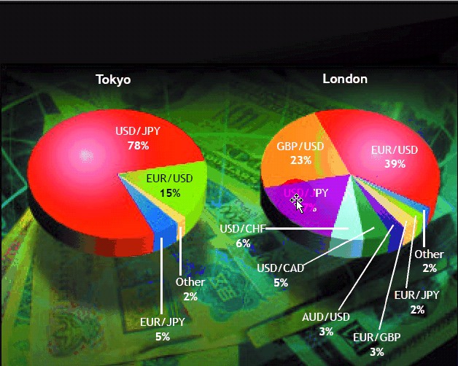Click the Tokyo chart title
[113, 79]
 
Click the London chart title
[345, 79]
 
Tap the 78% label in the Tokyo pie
[138, 146]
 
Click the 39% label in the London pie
[395, 164]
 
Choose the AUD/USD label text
[326, 316]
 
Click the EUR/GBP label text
[376, 338]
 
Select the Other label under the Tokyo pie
[190, 282]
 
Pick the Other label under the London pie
[429, 254]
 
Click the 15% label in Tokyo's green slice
[170, 192]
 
